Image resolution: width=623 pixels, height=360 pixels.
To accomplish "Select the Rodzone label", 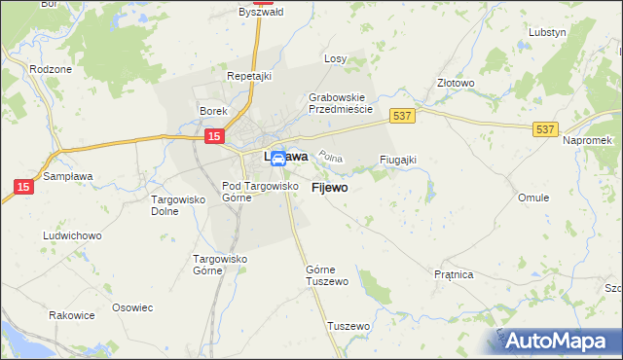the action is click(x=49, y=69).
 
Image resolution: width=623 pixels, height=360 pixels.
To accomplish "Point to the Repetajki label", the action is click(x=247, y=75).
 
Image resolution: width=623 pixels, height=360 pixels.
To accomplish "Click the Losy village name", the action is click(x=336, y=58).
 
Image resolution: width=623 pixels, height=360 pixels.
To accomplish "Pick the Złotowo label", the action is click(x=456, y=83).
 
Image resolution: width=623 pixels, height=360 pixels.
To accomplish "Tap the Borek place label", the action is click(x=213, y=111).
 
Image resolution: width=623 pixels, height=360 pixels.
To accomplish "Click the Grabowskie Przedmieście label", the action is click(x=341, y=103).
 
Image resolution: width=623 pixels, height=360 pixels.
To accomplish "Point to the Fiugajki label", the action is click(x=397, y=160).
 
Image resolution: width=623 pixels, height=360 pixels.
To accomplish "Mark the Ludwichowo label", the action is click(x=73, y=235).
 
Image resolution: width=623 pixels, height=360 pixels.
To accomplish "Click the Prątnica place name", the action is click(x=454, y=275).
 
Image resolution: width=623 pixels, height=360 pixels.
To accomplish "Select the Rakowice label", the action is click(x=72, y=316).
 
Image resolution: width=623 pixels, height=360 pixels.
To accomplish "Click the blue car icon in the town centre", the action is click(x=277, y=158).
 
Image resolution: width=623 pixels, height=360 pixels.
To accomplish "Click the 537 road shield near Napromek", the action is click(x=545, y=127).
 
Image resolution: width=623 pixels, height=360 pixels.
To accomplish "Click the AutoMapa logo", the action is click(x=561, y=341).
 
